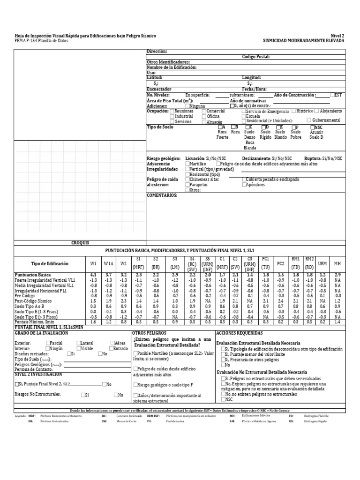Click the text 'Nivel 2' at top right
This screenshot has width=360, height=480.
pos(337,36)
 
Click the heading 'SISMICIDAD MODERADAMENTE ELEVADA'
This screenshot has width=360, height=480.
pos(304,41)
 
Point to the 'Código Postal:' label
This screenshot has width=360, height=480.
pos(255,56)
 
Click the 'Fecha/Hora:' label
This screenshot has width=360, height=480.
pos(255,89)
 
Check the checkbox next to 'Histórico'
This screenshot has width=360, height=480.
pos(293,111)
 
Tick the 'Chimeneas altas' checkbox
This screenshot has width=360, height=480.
pos(188,179)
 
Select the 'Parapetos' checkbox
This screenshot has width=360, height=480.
pos(188,185)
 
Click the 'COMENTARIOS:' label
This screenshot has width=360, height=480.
pos(162,195)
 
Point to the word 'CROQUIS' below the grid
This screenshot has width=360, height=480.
pos(80,243)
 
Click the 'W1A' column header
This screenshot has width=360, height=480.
pos(108,264)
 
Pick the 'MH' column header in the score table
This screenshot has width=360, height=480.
pos(337,264)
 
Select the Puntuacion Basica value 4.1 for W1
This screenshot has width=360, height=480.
pos(93,274)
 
